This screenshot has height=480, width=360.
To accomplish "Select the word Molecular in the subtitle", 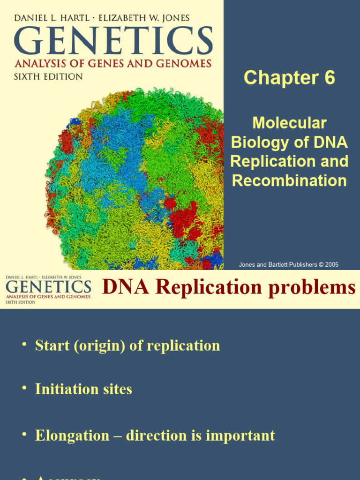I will point(289,123).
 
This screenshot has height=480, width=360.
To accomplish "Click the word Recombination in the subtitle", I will point(289,180).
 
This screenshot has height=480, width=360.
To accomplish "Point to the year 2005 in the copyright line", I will point(330,264).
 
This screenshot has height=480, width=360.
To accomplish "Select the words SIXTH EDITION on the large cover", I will point(48,76).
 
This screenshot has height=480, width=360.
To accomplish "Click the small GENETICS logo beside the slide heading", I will point(48,286).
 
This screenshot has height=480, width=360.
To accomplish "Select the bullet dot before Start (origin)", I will point(24,346).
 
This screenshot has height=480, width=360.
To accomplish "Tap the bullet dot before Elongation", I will point(24,436).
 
